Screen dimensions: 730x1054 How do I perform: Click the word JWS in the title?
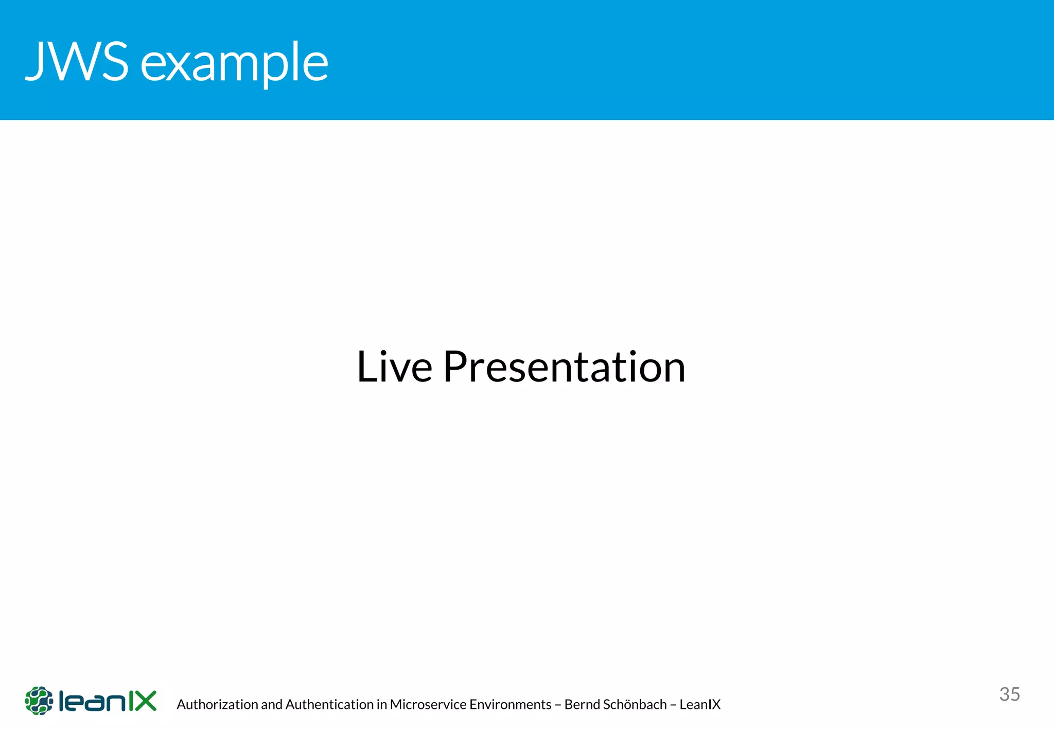77,61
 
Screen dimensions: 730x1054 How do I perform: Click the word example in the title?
234,64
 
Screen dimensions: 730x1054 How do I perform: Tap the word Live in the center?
394,367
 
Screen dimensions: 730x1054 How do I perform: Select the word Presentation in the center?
564,367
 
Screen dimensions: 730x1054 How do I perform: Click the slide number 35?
1009,694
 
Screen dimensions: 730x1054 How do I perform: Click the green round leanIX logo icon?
39,700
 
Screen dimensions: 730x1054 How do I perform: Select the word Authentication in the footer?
329,704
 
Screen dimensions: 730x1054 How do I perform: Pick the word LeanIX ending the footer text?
700,704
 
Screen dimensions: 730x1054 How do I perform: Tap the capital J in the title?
35,61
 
